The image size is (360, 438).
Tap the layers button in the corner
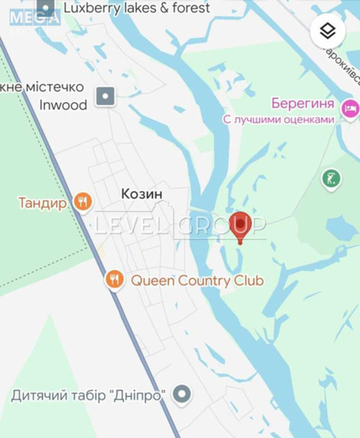(328, 31)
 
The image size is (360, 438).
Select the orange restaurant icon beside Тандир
(82, 203)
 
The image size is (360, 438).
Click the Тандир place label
(43, 203)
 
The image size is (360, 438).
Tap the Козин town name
(142, 194)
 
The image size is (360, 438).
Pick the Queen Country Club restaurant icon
(114, 280)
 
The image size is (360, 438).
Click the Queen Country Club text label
(197, 281)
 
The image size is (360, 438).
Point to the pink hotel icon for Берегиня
(349, 108)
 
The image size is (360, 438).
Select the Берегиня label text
(303, 103)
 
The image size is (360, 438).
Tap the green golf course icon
(332, 178)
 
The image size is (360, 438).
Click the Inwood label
(63, 105)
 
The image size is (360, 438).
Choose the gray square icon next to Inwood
(106, 96)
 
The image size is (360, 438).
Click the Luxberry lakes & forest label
(137, 8)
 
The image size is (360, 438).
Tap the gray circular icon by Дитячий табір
(182, 394)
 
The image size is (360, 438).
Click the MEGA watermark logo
(34, 18)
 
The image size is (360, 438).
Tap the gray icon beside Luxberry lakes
(47, 8)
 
